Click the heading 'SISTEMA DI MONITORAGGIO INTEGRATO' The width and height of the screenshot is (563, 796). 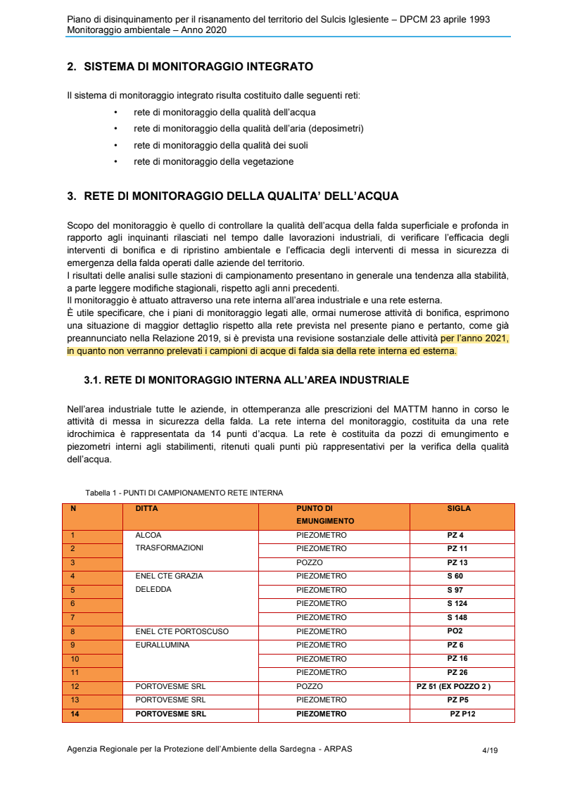[198, 67]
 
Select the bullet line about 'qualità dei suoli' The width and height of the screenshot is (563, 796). [220, 145]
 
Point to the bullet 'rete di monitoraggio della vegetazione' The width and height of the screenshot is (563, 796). [213, 161]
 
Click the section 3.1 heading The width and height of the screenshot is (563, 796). [246, 380]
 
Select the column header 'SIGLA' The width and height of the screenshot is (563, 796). [459, 508]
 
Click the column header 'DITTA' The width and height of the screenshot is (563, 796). [146, 508]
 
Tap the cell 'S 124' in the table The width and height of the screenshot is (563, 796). [457, 604]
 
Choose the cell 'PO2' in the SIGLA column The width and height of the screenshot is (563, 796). [455, 631]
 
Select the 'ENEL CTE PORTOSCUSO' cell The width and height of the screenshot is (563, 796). [182, 631]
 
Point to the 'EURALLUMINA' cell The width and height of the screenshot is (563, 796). [163, 645]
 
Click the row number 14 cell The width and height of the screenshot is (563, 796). [75, 714]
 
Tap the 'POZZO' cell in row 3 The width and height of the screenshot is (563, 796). [310, 563]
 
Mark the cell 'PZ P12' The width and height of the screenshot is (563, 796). [462, 714]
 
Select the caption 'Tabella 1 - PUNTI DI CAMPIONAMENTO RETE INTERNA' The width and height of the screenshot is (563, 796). [184, 493]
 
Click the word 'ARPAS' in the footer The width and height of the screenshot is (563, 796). [338, 749]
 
